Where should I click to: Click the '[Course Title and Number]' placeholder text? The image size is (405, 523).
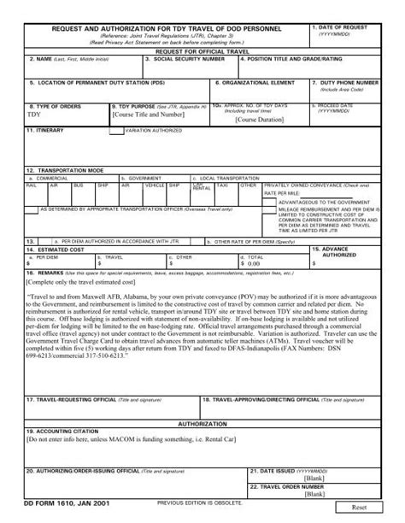click(x=148, y=114)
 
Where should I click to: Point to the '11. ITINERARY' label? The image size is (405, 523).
click(x=43, y=131)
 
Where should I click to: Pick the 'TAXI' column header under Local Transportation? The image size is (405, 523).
click(x=222, y=185)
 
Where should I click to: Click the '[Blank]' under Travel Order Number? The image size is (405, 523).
click(x=315, y=495)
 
